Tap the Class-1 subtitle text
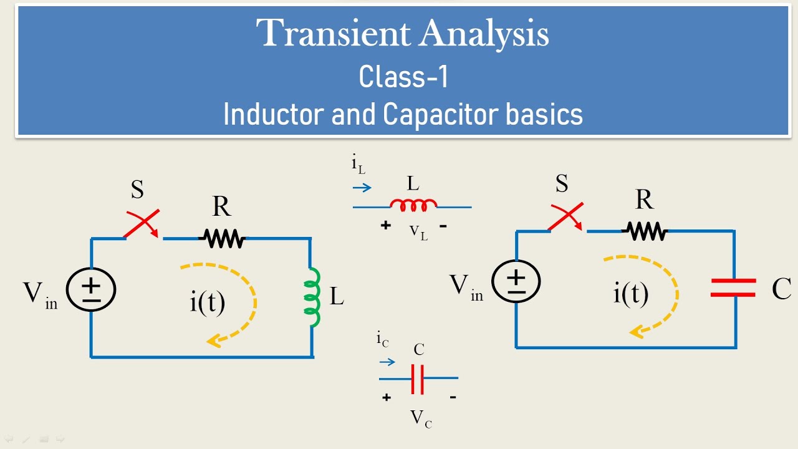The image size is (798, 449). [x=403, y=77]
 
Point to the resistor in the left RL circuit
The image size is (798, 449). [x=221, y=238]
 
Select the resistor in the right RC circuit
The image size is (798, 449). [x=645, y=231]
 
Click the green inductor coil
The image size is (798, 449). [x=312, y=297]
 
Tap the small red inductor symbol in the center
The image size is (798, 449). [x=413, y=204]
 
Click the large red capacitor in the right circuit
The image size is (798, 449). [x=733, y=287]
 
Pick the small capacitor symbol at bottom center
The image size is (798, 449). [x=418, y=378]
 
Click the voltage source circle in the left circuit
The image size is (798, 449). [x=91, y=288]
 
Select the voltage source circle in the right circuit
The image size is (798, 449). [x=516, y=281]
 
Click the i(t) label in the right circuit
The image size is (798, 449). [x=630, y=292]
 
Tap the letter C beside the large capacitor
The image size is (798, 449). [x=781, y=289]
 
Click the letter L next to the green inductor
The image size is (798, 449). [x=337, y=297]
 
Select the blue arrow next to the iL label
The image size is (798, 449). [x=362, y=187]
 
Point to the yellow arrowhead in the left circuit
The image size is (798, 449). [x=214, y=340]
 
